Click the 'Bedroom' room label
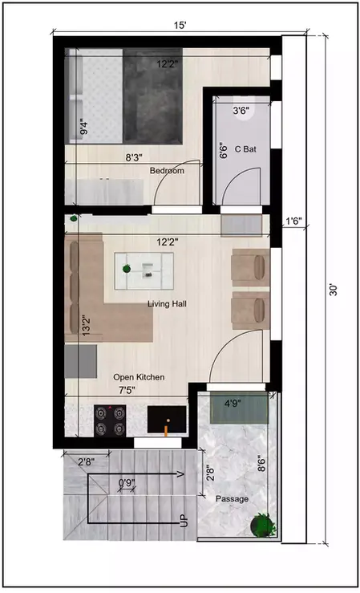coord(167,171)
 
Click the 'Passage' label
coord(233,499)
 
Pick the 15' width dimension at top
coord(180,25)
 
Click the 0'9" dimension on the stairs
coord(126,483)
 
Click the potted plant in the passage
coord(261,526)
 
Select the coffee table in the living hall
coord(144,270)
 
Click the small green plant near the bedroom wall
coord(73,218)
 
